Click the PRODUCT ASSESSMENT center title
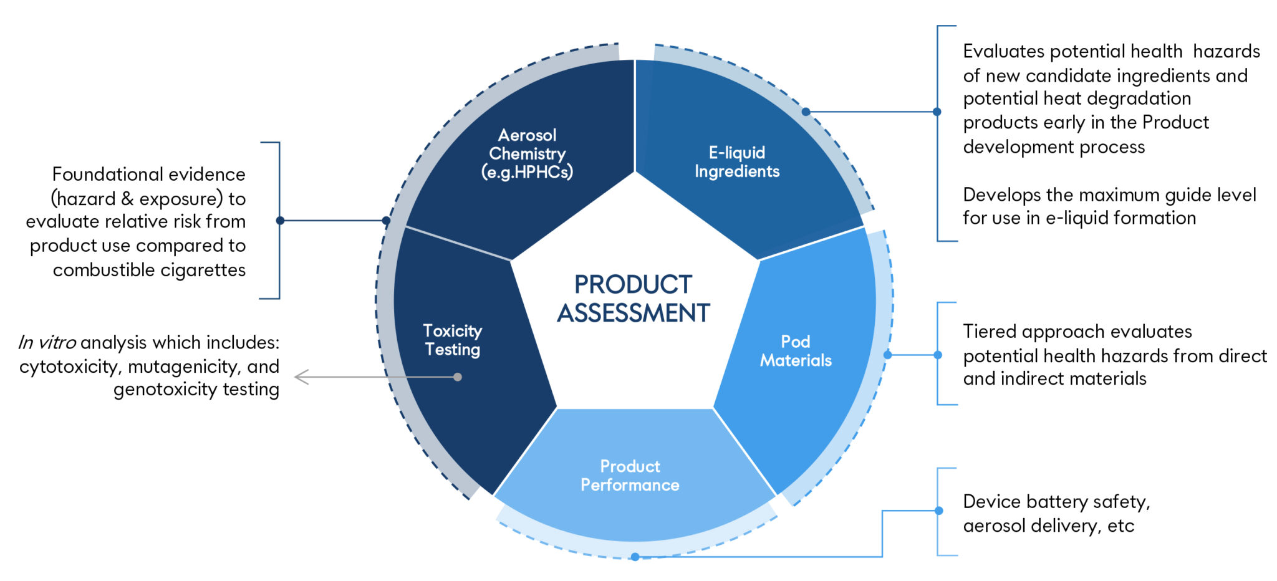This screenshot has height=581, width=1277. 634,299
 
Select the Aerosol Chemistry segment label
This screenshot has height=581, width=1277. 528,153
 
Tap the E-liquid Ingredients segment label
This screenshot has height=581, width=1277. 737,162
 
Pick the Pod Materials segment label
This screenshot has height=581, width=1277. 796,351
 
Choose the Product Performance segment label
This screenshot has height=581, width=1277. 630,476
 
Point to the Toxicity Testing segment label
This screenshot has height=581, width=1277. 453,340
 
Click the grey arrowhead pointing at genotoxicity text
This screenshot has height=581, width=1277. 302,377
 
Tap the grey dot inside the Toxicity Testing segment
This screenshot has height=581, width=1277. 458,377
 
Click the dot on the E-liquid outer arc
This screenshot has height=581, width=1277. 806,112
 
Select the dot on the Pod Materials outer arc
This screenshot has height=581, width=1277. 887,355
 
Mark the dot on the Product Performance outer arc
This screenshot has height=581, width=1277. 635,557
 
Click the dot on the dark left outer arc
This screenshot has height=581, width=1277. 386,221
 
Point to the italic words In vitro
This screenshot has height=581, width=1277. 47,342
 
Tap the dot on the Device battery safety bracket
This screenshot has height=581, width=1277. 938,511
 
